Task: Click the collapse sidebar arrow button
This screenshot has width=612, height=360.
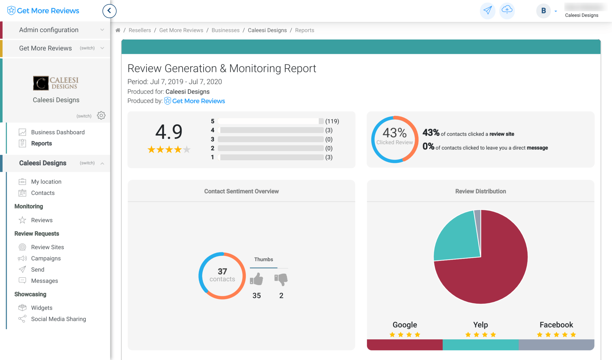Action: (109, 11)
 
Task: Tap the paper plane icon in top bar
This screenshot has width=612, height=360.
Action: (487, 11)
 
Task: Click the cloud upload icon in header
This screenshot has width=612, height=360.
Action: (507, 11)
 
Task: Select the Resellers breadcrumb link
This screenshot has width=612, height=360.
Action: (140, 30)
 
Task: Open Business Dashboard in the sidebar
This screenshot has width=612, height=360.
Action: (58, 132)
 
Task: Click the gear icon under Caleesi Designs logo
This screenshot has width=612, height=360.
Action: (101, 115)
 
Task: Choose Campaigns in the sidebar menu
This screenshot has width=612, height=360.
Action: (46, 258)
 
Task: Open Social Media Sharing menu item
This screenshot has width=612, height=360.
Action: (58, 319)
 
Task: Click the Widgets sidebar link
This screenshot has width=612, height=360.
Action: (42, 308)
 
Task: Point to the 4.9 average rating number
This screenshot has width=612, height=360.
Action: (169, 132)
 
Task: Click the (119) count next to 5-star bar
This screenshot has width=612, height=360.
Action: (332, 121)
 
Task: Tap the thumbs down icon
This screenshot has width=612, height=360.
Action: (281, 279)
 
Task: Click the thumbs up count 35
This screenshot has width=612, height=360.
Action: (257, 296)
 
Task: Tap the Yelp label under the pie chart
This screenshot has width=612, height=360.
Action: (480, 325)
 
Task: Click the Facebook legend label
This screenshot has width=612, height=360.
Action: (556, 325)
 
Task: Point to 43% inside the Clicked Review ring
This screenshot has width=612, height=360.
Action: (395, 133)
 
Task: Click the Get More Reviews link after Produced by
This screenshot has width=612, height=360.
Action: (198, 101)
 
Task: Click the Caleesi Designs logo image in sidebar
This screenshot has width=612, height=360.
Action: (56, 83)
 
